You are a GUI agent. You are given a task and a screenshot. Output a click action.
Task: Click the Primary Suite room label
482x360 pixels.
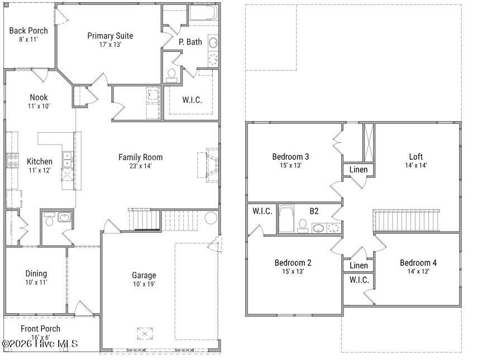pos(110,36)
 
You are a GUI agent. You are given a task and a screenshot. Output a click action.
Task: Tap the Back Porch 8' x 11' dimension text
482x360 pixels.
pos(28,40)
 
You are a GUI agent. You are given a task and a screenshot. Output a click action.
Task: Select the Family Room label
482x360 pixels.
pos(140,157)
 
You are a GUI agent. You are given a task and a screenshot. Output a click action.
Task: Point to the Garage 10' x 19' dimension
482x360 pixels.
pos(144,284)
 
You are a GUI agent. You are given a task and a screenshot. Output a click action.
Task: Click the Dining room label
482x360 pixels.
pos(36,273)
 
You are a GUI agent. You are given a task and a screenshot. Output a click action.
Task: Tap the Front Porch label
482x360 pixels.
pos(40,329)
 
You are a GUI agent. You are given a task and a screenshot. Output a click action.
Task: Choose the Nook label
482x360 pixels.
pos(39,97)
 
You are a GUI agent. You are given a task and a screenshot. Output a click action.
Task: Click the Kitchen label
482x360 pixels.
pos(40,161)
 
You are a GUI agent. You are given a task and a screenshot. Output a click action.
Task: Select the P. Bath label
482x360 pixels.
pos(190,42)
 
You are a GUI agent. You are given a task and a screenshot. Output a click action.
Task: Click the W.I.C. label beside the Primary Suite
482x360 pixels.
pos(192,100)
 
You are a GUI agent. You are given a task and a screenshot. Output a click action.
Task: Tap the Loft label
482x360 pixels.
pos(416,156)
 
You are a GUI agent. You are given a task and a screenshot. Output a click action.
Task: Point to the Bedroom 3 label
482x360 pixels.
pos(290,156)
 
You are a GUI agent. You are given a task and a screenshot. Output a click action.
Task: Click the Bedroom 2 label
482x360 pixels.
pos(293,263)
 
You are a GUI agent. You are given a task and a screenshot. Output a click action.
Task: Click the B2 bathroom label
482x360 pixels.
pos(314,211)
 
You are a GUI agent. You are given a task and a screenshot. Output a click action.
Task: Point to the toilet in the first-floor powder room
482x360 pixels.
pos(49,221)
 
